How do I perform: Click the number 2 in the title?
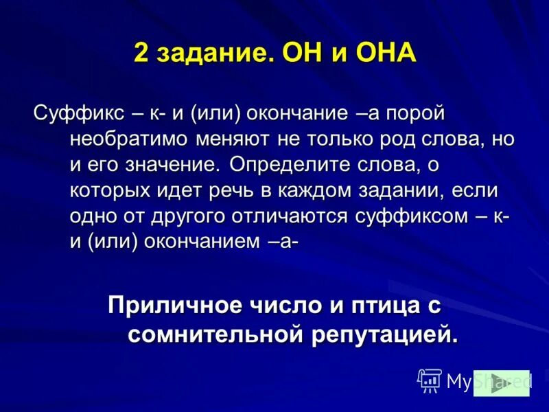click(x=141, y=54)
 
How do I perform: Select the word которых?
click(x=110, y=190)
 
